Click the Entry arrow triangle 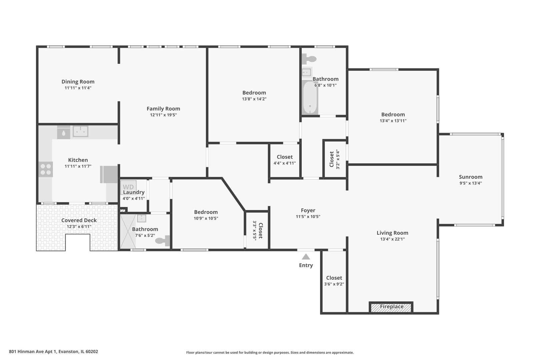point(306,257)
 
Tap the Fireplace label point(392,306)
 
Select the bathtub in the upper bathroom point(310,97)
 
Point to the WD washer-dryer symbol point(128,187)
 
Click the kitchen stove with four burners point(46,169)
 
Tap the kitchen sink point(81,131)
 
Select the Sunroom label point(471,177)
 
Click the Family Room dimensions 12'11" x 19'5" point(163,115)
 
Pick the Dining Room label point(78,82)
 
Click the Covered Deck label point(79,220)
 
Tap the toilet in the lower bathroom point(162,241)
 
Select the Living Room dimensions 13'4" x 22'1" point(392,239)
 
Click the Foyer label point(308,211)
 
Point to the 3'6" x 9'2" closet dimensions point(334,284)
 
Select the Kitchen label point(78,160)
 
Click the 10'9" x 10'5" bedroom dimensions point(206,218)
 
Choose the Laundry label point(134,192)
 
